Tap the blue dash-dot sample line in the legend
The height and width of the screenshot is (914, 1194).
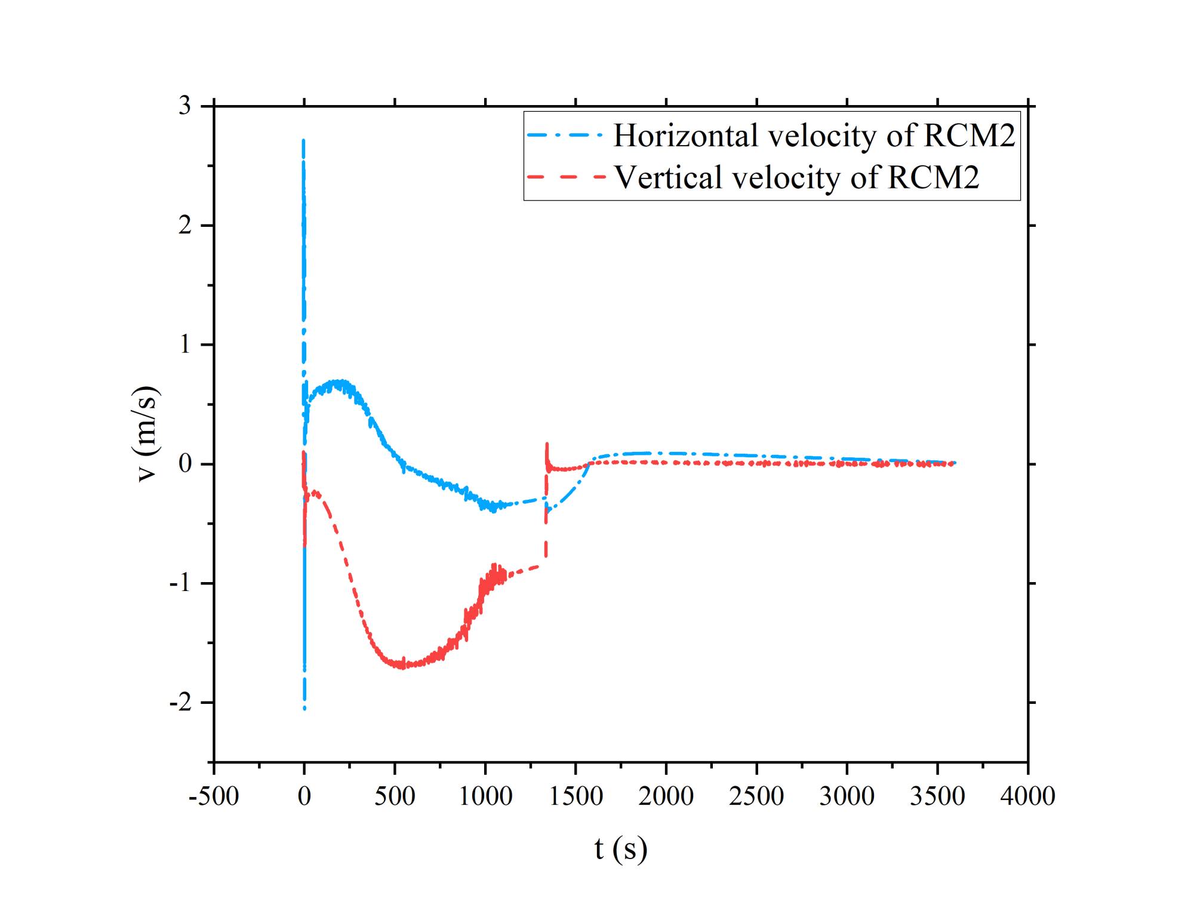click(565, 136)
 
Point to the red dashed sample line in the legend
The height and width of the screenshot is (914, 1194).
click(565, 177)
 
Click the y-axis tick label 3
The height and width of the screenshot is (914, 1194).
click(185, 106)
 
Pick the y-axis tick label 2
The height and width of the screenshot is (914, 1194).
click(185, 225)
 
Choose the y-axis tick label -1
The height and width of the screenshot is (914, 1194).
click(180, 583)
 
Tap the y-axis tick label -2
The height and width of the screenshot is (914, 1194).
click(180, 703)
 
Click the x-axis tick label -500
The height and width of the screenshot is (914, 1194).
click(214, 796)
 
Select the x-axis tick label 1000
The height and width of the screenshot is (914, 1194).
click(485, 796)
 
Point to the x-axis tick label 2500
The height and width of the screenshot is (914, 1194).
click(756, 796)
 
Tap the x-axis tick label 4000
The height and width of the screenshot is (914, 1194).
click(1027, 796)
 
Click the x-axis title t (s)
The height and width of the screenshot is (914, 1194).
click(621, 849)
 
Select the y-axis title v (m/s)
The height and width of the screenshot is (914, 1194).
click(146, 434)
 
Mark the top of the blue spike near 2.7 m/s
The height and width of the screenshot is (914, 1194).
click(304, 141)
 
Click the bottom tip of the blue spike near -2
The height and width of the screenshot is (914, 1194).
click(304, 708)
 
